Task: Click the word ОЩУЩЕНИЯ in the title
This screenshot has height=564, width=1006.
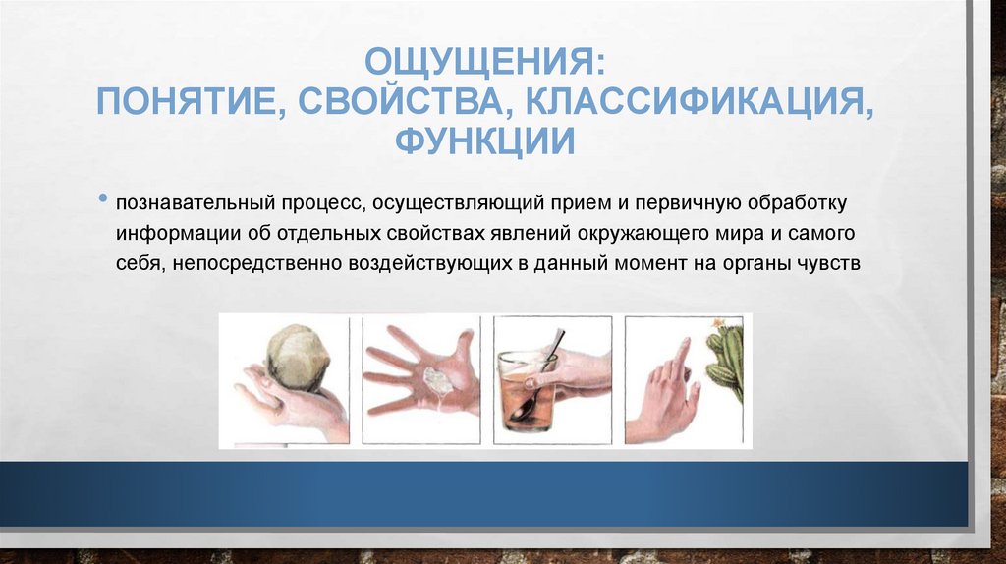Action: (484, 65)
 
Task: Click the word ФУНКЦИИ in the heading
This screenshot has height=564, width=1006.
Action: (484, 140)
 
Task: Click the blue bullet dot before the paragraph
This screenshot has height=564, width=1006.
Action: (104, 200)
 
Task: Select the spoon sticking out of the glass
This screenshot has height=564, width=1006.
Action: (551, 349)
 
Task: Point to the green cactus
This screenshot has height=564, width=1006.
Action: (727, 359)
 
